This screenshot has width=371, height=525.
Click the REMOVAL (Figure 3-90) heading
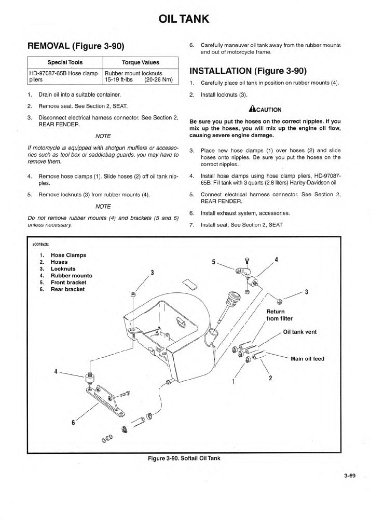75,46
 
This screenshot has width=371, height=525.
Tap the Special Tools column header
65,62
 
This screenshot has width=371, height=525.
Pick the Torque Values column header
140,62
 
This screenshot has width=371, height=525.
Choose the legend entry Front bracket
68,282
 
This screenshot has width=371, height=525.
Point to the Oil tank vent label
299,332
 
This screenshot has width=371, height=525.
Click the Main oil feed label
307,358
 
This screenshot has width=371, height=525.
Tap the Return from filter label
279,315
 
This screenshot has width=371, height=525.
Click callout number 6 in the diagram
73,422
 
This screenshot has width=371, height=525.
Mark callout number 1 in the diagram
233,382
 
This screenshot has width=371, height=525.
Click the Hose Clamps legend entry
68,255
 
